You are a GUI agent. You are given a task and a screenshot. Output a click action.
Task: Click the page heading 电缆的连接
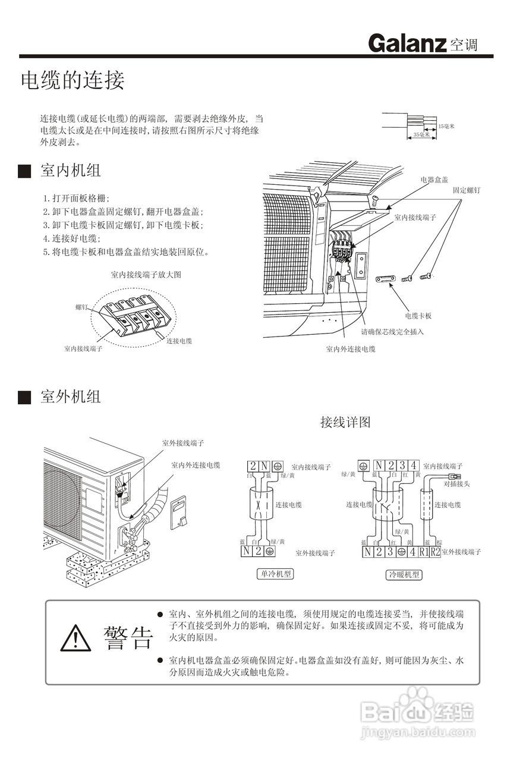tap(73, 80)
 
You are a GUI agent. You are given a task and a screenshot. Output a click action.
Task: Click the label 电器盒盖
tap(434, 179)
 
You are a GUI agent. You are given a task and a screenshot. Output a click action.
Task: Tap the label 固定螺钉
tap(467, 191)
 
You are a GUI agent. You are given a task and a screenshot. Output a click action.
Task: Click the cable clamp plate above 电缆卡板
tap(387, 278)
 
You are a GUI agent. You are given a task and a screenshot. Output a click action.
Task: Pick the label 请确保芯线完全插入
tap(392, 331)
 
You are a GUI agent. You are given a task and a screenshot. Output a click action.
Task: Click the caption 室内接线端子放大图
tap(146, 275)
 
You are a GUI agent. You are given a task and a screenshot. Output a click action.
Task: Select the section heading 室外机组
tap(71, 397)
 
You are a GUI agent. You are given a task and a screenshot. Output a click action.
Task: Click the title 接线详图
tap(345, 422)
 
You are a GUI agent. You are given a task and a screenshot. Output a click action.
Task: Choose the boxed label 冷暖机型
tap(404, 574)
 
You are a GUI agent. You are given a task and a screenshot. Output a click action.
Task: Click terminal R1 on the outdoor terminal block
tap(423, 552)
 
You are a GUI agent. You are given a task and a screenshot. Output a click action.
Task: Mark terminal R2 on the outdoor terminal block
tap(435, 552)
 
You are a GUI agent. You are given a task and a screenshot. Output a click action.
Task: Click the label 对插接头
tap(456, 484)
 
